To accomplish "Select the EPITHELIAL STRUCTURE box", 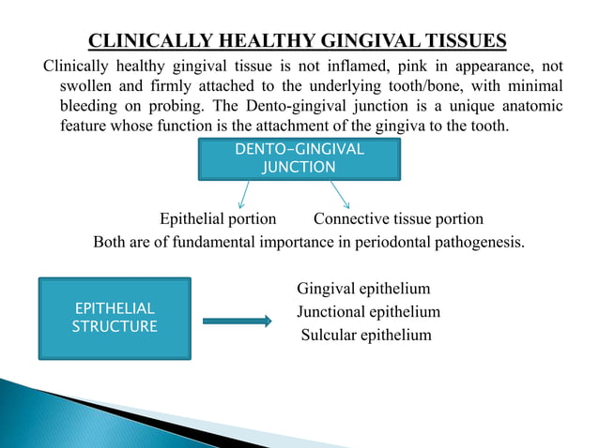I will pos(114,318).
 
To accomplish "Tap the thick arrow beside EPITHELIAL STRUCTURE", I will pos(237,321).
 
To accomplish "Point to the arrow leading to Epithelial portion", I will pos(244,194).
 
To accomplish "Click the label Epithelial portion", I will pos(218,219).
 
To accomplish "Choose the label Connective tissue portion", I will pos(398,219).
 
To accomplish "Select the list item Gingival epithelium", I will pos(363,290).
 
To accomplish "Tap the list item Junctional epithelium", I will pos(368,312).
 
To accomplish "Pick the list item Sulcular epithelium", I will pos(366,335).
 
